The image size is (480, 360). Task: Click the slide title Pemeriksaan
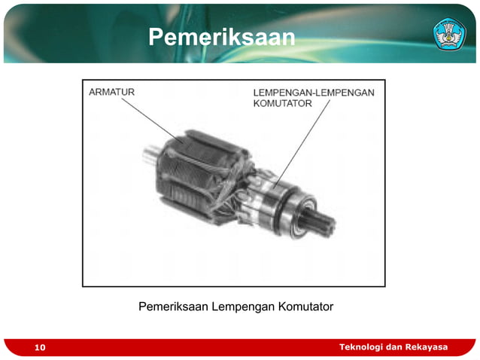pyautogui.click(x=221, y=37)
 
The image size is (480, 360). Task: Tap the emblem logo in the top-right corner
pyautogui.click(x=450, y=33)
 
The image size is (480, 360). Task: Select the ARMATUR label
pyautogui.click(x=112, y=92)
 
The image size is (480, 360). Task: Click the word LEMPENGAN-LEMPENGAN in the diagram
pyautogui.click(x=313, y=93)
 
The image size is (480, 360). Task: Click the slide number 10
pyautogui.click(x=39, y=347)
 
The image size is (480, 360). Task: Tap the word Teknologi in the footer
pyautogui.click(x=360, y=346)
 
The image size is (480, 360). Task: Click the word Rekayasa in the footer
pyautogui.click(x=426, y=346)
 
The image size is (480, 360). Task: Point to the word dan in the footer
pyautogui.click(x=393, y=346)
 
